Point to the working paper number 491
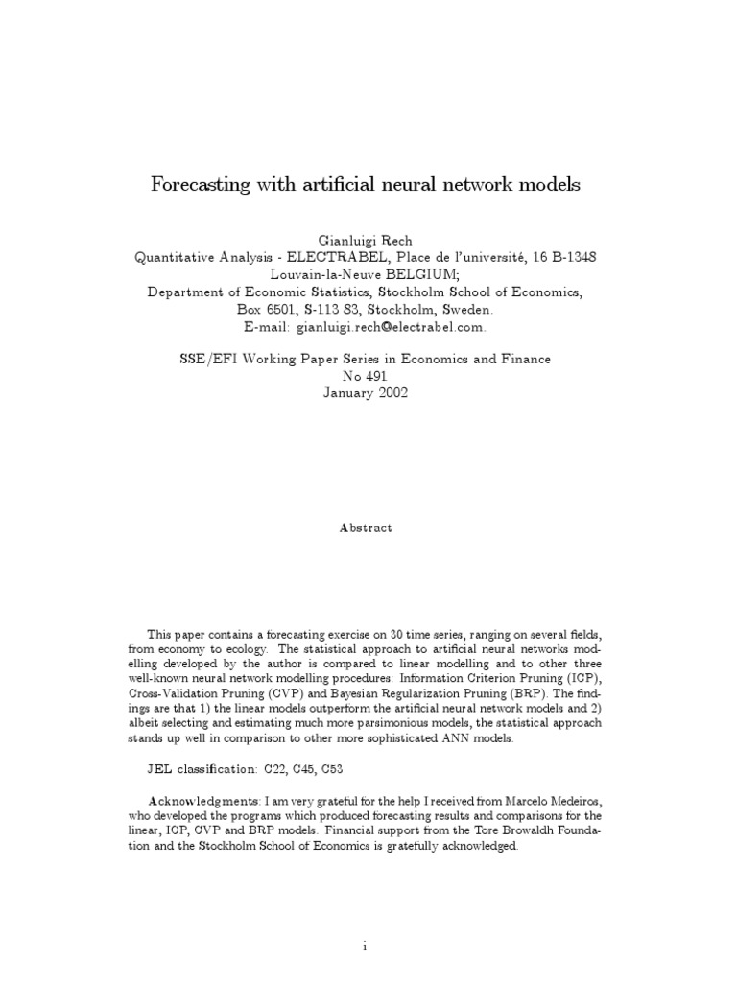[x=377, y=376]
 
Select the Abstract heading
[x=366, y=528]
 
